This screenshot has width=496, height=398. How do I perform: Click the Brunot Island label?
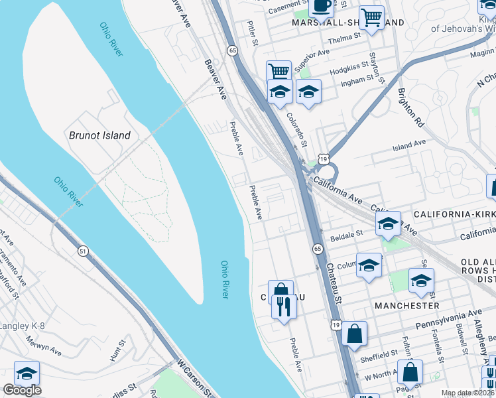(x=99, y=135)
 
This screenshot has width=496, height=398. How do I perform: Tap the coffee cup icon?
(x=321, y=7)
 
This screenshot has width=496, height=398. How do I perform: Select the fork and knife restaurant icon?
(x=284, y=306)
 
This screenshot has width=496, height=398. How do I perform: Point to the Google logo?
(x=22, y=390)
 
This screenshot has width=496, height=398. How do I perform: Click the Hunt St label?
(x=118, y=352)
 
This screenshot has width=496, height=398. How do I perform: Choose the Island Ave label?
(x=408, y=144)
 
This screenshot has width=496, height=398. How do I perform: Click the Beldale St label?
(x=347, y=234)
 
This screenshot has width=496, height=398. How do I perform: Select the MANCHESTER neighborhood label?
(x=406, y=306)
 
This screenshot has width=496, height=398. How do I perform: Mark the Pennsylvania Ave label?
(x=448, y=319)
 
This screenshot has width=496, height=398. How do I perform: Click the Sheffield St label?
(x=379, y=357)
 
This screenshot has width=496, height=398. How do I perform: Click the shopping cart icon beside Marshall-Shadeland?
(x=372, y=18)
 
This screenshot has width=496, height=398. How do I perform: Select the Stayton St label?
(x=376, y=66)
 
